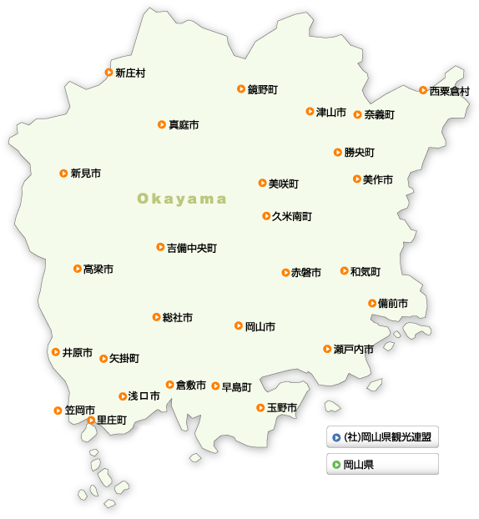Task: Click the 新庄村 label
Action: (130, 73)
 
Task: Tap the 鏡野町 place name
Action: (262, 89)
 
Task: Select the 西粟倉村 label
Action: (449, 91)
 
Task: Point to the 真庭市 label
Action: (184, 125)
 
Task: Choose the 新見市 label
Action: (85, 174)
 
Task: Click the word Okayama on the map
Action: (182, 199)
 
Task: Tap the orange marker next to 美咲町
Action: (262, 183)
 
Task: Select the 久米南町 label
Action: (291, 217)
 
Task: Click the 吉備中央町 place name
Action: (192, 248)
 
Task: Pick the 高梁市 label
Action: (98, 270)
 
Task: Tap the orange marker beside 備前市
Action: (372, 303)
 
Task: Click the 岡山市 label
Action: (260, 327)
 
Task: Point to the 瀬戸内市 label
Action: (353, 349)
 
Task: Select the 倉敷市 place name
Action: (190, 385)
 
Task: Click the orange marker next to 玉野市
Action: (260, 407)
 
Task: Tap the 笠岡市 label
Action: (79, 411)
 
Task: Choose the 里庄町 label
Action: (112, 421)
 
